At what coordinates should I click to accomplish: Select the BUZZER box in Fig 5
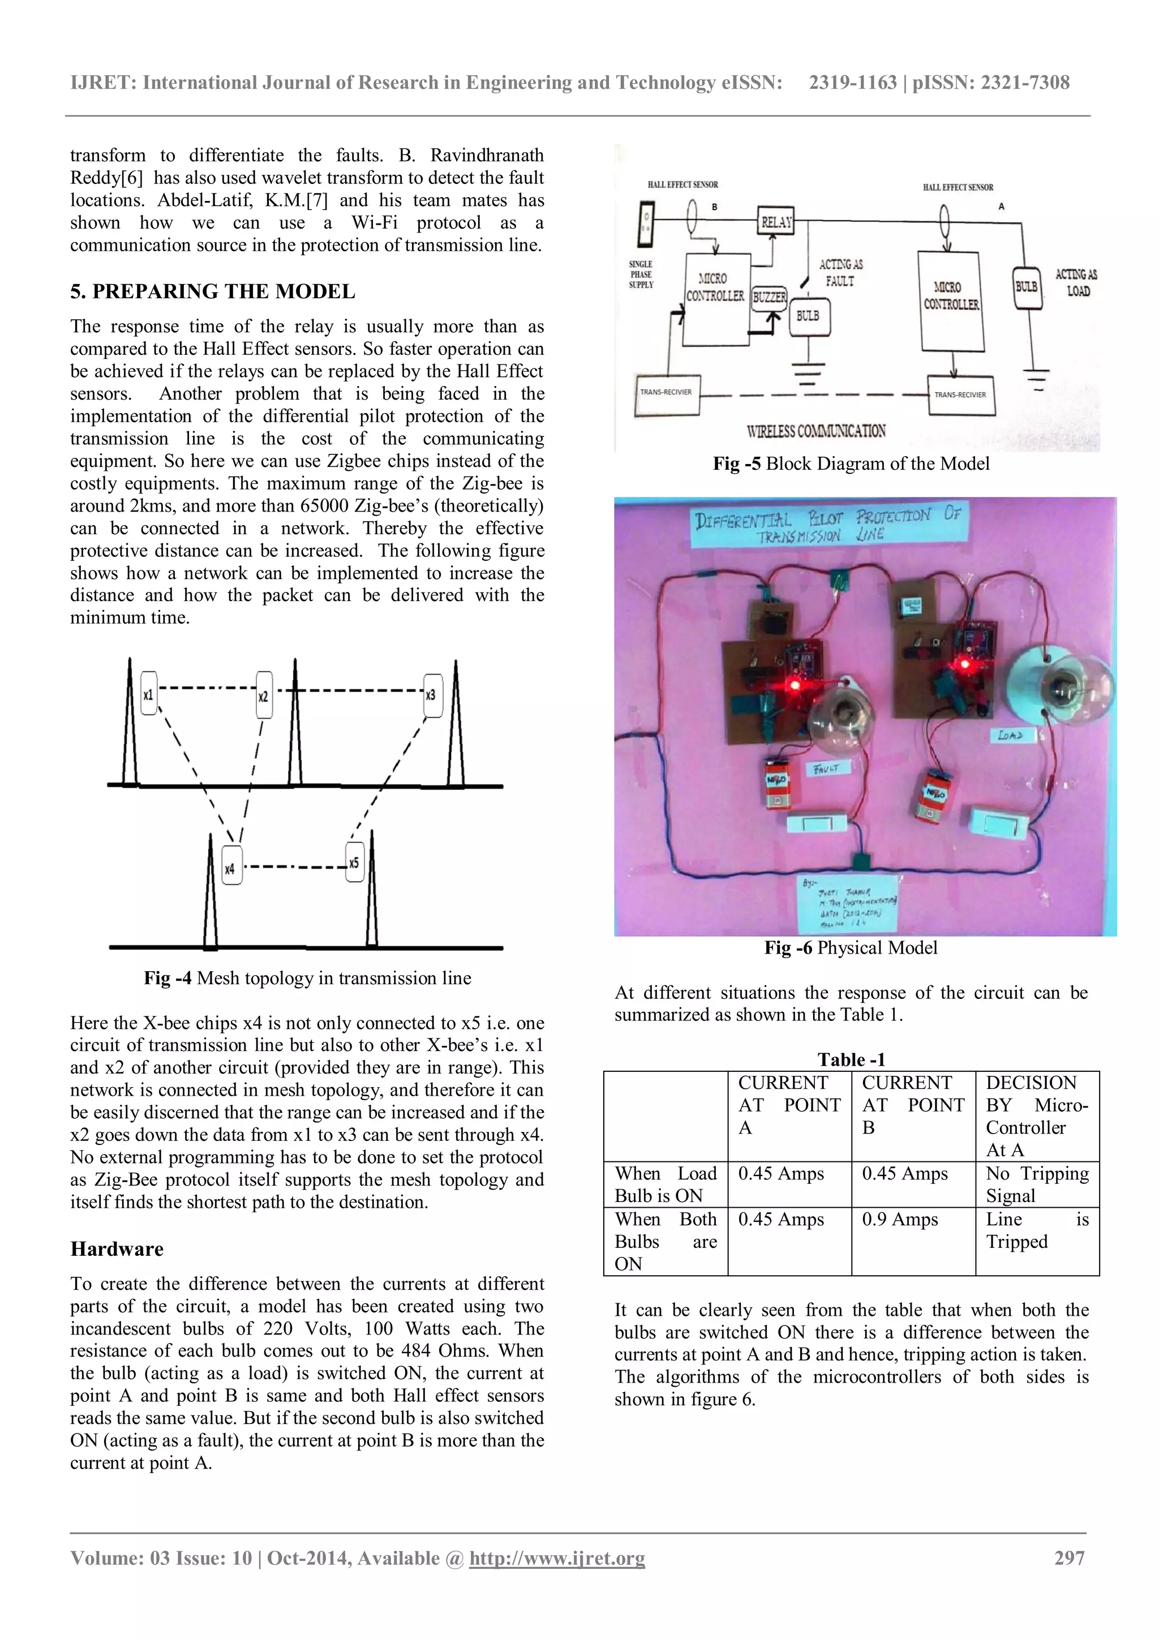(x=769, y=297)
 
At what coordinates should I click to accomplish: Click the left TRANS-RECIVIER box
(x=667, y=394)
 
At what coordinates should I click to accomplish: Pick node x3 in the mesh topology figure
(x=432, y=694)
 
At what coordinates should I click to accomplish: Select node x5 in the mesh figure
(x=354, y=863)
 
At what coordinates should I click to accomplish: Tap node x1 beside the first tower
(x=148, y=694)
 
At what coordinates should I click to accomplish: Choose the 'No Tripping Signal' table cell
(x=1036, y=1185)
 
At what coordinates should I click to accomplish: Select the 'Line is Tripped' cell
(x=1036, y=1231)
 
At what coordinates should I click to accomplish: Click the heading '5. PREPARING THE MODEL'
(x=213, y=291)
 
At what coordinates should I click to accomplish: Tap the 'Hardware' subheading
(x=117, y=1249)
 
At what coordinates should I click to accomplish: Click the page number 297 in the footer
(x=1069, y=1558)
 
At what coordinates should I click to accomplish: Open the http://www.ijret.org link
(x=557, y=1558)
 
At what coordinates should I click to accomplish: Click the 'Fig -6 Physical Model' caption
(x=851, y=948)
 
